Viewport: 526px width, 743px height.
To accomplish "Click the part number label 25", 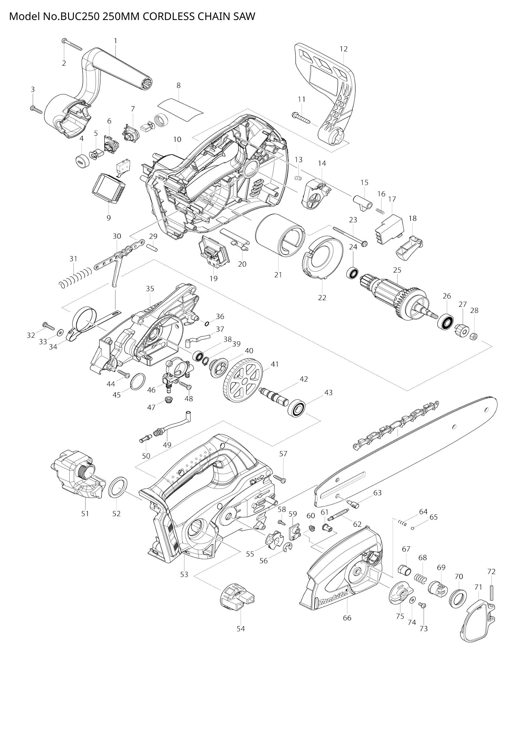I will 397,270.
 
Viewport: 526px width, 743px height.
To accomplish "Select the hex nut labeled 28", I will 472,336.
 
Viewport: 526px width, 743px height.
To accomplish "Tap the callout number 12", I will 344,49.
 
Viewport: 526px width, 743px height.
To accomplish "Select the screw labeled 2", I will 72,44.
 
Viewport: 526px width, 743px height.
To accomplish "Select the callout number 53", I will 184,575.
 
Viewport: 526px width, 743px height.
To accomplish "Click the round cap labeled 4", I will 82,161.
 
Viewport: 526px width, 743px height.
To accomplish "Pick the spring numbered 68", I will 421,578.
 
